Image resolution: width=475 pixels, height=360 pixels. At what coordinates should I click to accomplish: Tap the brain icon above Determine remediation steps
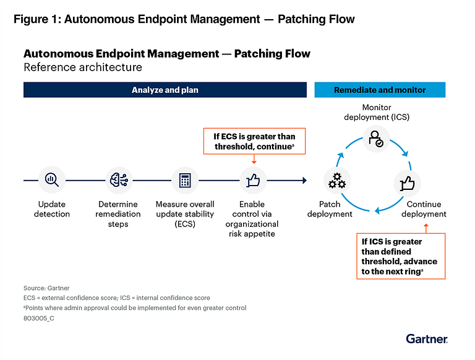pos(119,181)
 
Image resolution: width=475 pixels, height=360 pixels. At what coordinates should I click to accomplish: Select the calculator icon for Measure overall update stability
pos(185,181)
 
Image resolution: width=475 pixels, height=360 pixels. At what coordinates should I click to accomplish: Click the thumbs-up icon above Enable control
pos(253,181)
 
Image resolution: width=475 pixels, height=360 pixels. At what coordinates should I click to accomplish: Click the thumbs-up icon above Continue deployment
pos(408,183)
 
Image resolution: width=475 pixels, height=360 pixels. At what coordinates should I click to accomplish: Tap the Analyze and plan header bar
pos(165,90)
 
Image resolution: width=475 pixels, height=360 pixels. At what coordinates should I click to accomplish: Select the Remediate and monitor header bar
pos(380,90)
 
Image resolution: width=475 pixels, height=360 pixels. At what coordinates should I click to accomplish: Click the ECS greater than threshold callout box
pos(254,142)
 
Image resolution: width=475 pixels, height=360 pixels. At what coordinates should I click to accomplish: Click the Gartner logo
pos(427,338)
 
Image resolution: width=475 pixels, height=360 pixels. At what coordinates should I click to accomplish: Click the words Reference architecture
pos(83,67)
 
